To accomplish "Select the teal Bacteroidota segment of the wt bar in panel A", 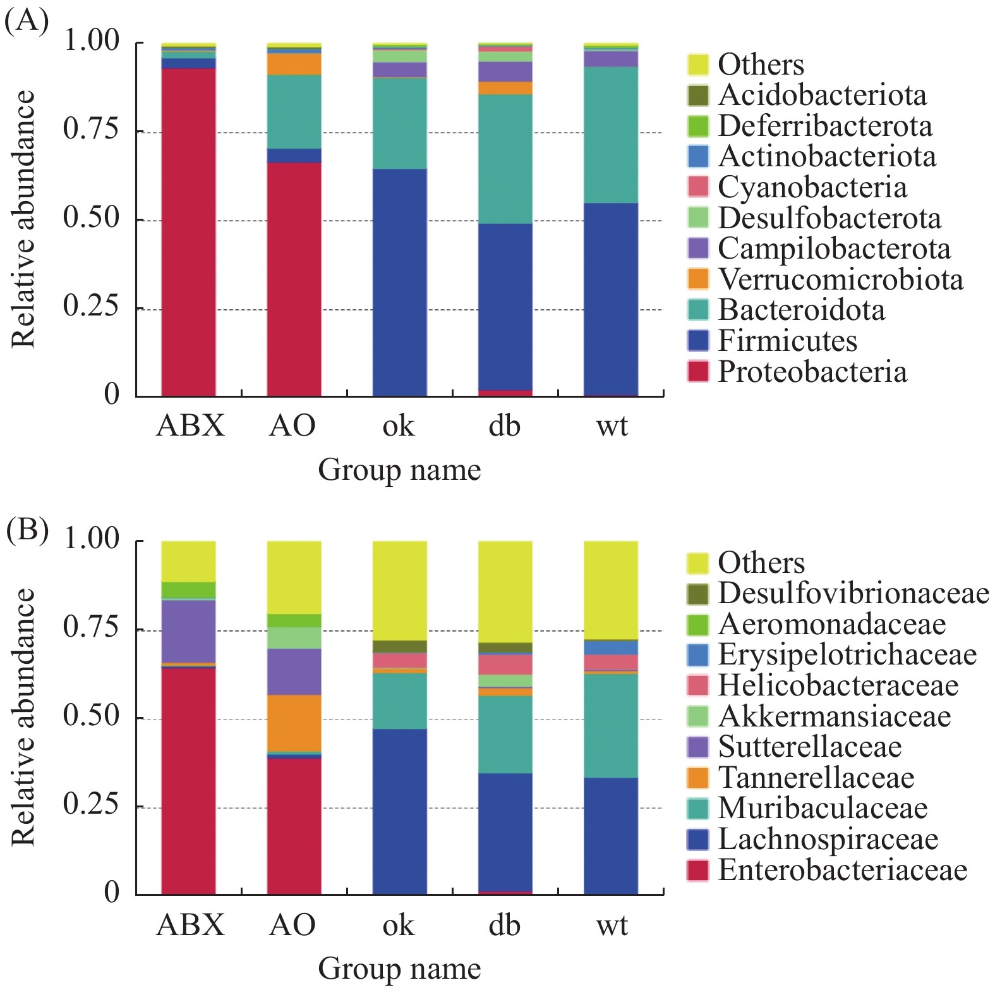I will click(610, 135).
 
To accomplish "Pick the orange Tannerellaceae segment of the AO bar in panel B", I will click(294, 723).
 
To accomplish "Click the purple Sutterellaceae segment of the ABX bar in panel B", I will click(188, 631).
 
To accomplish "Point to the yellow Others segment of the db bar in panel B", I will click(505, 591).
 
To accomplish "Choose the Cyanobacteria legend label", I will click(812, 187).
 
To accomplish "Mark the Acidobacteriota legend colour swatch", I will click(698, 95).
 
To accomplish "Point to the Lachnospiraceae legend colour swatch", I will click(698, 839).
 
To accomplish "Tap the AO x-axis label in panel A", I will click(292, 426).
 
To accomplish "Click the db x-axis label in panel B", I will click(504, 925).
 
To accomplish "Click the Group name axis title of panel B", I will click(399, 969).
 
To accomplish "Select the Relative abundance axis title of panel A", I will click(23, 219).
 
